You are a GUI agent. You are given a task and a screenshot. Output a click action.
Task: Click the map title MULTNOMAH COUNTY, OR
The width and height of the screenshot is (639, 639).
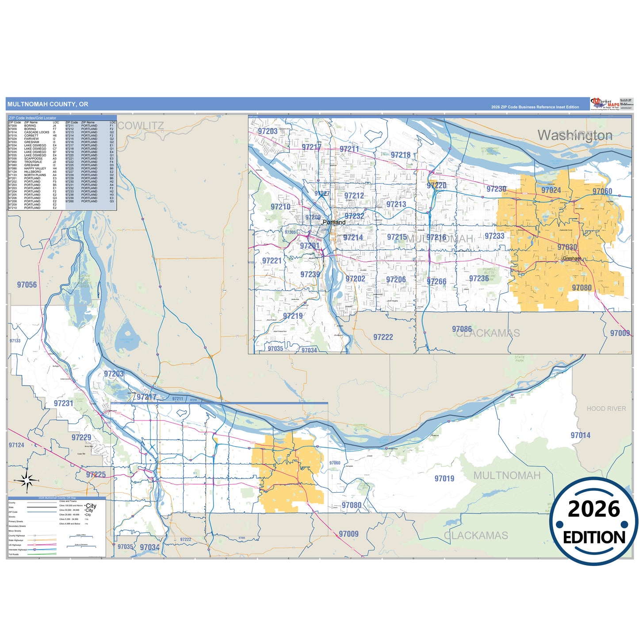tap(48, 104)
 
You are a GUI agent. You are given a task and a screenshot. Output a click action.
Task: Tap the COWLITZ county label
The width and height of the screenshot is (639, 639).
tap(141, 126)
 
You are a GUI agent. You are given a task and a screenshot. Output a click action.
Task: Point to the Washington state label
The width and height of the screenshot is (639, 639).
tap(575, 135)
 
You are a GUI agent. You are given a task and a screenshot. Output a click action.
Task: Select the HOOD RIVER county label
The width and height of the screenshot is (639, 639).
tap(606, 409)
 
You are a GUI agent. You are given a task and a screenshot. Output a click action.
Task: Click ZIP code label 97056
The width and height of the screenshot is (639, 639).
tap(27, 285)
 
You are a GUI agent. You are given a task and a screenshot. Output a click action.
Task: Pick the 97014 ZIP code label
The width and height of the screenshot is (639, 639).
tap(580, 436)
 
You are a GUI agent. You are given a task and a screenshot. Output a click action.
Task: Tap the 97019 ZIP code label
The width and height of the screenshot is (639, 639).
tap(444, 478)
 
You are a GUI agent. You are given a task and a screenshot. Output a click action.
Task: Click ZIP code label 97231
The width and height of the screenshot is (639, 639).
tap(63, 403)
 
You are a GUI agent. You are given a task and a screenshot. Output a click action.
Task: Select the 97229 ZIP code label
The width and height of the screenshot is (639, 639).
tap(81, 437)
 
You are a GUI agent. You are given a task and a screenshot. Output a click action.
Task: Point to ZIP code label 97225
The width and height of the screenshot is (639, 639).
tap(96, 474)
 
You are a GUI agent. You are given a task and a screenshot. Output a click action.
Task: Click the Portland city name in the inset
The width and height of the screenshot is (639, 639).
tap(334, 222)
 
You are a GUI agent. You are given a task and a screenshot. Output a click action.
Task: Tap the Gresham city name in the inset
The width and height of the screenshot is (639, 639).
tap(572, 258)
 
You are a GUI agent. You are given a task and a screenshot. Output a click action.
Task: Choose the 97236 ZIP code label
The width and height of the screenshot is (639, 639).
tap(479, 279)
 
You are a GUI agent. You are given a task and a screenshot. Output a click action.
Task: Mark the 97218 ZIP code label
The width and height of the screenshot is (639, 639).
tap(401, 155)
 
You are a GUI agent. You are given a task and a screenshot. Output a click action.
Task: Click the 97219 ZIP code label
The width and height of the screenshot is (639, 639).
tap(293, 316)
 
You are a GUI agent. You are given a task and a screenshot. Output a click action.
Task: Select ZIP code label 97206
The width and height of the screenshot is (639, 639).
tap(396, 279)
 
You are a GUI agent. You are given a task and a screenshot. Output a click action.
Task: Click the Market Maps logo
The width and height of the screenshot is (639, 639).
tap(605, 104)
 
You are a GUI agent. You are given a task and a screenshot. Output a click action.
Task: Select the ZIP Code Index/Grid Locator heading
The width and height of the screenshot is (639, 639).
tap(33, 118)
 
